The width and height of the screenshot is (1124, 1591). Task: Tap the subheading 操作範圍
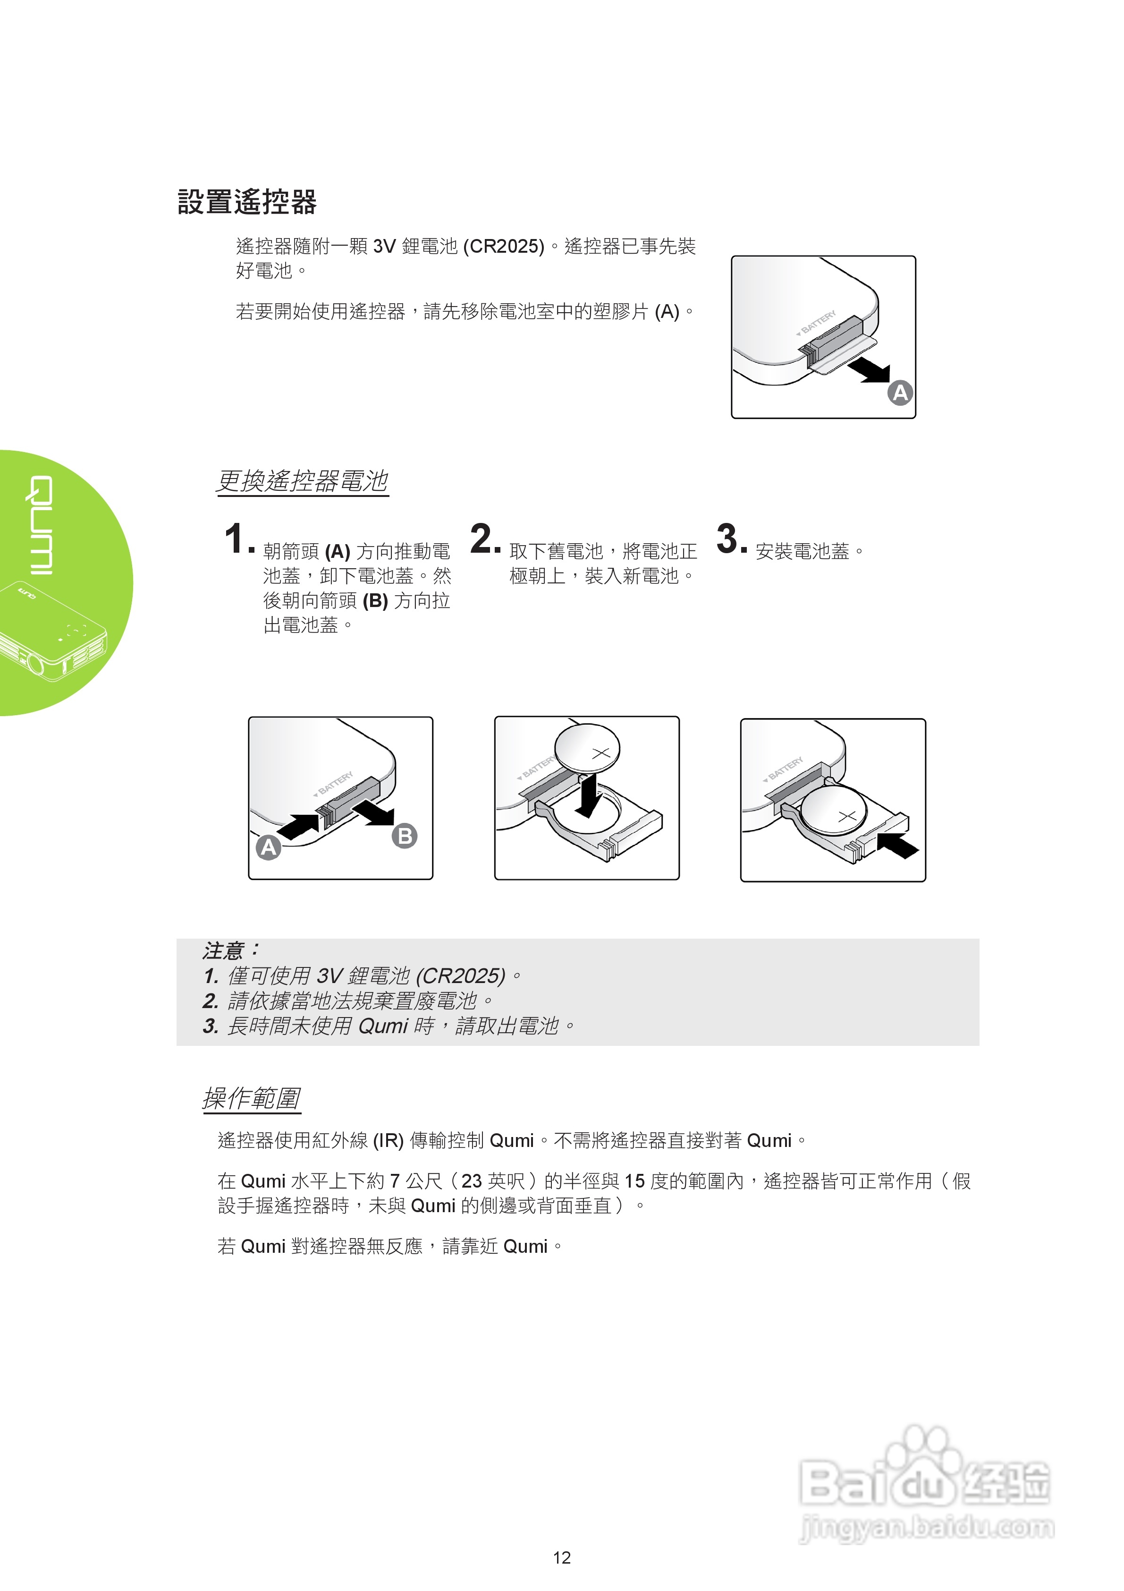pyautogui.click(x=252, y=1098)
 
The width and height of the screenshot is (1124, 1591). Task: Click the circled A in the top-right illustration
pyautogui.click(x=900, y=393)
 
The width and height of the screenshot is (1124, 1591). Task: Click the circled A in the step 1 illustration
pyautogui.click(x=269, y=847)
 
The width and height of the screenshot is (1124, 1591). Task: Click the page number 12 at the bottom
pyautogui.click(x=562, y=1558)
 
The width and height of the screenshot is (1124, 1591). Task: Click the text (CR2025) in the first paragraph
pyautogui.click(x=504, y=246)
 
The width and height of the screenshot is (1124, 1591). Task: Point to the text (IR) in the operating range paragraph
pyautogui.click(x=388, y=1141)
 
